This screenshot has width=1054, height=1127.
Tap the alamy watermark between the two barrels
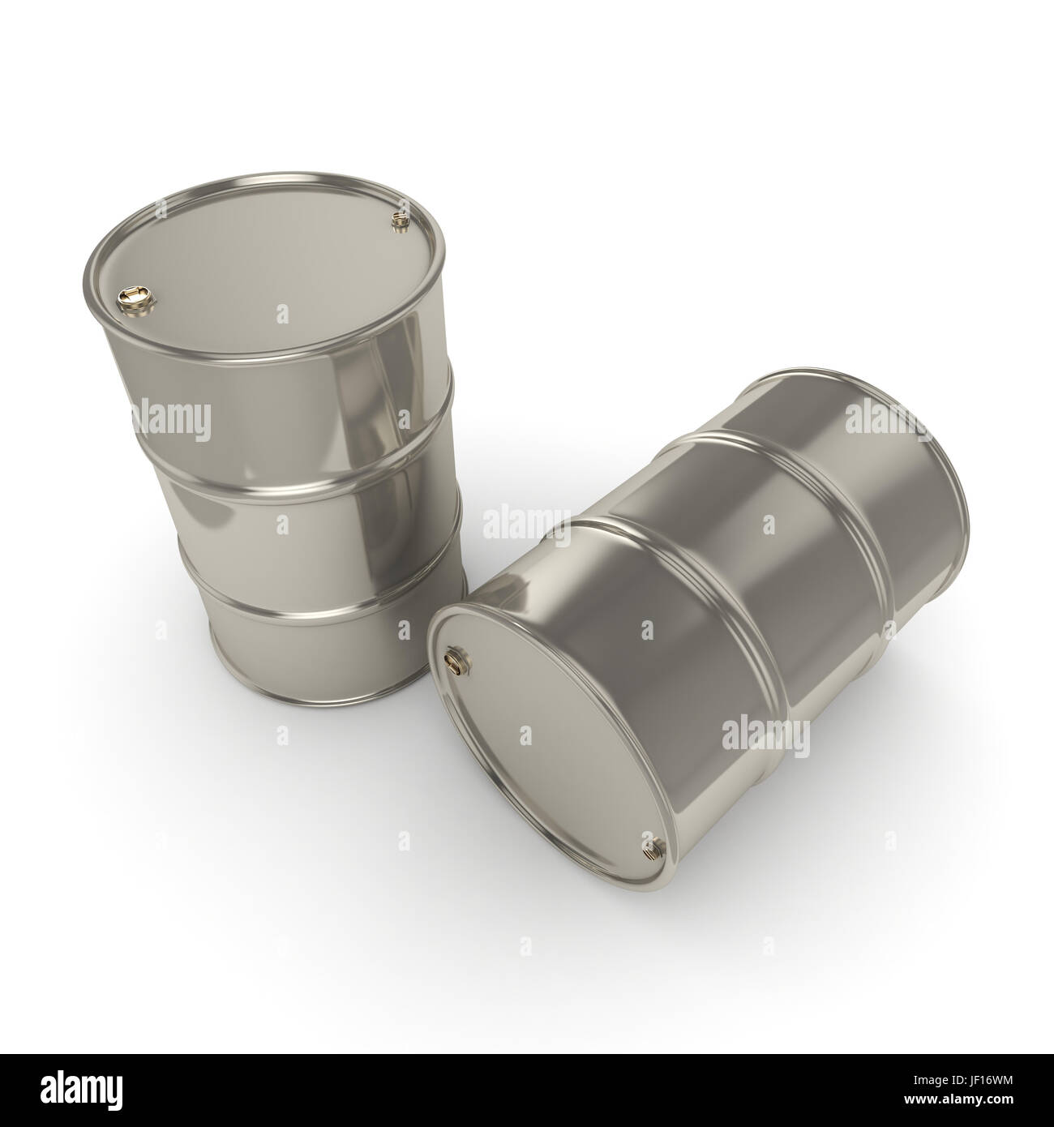(x=527, y=523)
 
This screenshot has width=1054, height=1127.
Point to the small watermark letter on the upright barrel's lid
(x=281, y=313)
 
